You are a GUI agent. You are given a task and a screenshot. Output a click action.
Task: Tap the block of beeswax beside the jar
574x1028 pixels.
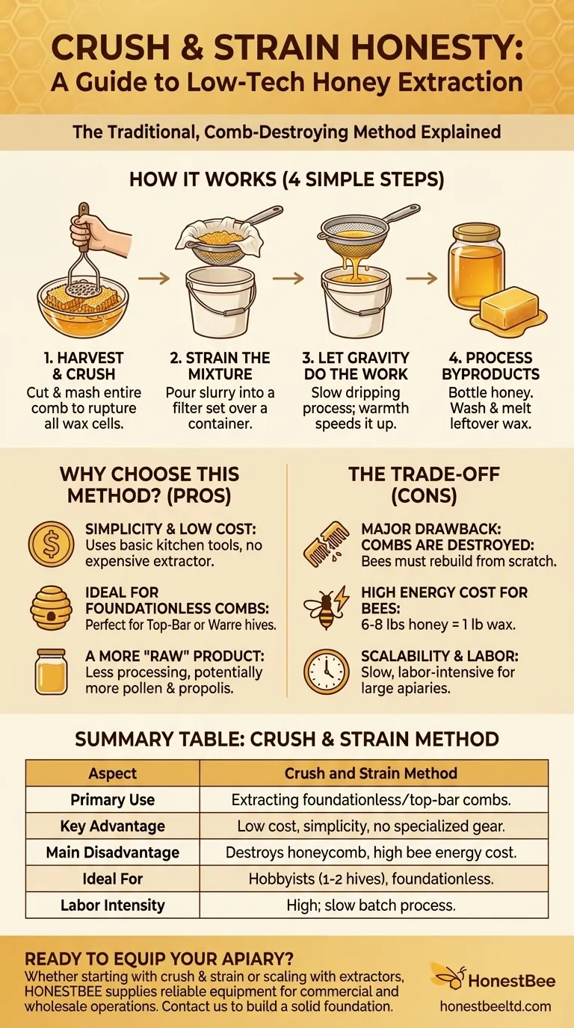[510, 306]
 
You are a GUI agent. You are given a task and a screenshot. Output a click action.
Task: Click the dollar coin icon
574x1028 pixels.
[51, 545]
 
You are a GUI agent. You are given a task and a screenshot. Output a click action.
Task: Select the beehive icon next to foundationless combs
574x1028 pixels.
[51, 607]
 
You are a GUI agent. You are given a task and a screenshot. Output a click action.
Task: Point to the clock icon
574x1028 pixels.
[327, 672]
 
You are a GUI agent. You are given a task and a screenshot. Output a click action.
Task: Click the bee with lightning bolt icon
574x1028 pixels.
[327, 607]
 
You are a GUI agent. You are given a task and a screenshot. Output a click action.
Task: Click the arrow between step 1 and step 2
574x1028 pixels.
[154, 278]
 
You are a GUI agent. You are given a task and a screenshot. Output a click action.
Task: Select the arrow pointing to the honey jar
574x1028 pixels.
[421, 278]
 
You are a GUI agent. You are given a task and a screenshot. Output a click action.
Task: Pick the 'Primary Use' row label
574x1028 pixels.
[113, 799]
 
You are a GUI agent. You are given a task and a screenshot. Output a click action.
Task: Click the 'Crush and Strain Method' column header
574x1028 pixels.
[371, 773]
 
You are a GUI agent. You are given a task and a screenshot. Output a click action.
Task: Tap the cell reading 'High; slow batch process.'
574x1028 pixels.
[371, 905]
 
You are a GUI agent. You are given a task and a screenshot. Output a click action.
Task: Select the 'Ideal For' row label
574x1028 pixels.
[113, 879]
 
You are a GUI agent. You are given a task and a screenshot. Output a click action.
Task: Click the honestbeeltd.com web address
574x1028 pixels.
[496, 1006]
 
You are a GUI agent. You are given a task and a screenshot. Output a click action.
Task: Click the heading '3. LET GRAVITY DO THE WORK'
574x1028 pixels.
[356, 366]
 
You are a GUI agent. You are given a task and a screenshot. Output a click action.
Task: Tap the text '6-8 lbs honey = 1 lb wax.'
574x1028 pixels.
[438, 625]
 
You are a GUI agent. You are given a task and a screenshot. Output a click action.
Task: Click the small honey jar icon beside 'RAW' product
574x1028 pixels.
[51, 672]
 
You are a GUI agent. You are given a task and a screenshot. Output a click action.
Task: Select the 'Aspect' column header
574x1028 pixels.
[113, 773]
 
